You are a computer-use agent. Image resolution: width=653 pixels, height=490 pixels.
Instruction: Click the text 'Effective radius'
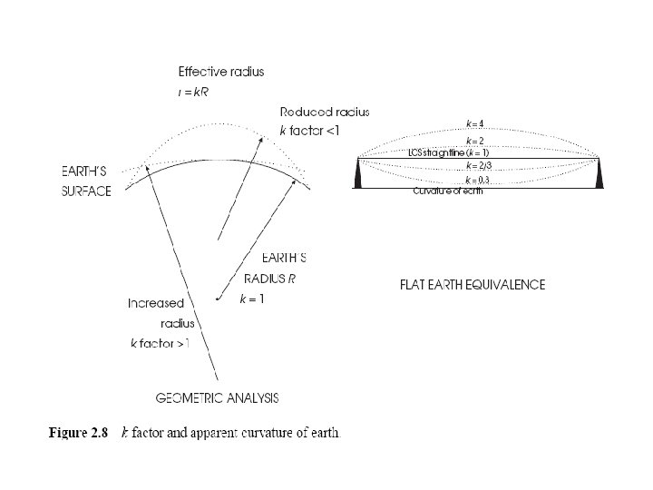click(221, 72)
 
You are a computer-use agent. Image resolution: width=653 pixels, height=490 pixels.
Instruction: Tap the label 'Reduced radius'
click(325, 112)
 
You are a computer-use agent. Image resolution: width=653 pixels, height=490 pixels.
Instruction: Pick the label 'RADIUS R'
click(270, 278)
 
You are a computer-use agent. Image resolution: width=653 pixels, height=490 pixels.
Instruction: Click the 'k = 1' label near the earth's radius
click(251, 300)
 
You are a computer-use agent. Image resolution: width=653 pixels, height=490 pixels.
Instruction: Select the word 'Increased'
click(156, 303)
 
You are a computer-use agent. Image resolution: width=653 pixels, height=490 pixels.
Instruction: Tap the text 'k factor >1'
click(161, 344)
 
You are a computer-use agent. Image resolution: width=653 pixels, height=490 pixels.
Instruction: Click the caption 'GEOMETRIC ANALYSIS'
click(218, 398)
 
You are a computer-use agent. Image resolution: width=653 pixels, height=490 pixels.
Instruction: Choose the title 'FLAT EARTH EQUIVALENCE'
click(473, 285)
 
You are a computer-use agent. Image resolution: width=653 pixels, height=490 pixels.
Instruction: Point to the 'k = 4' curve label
click(474, 123)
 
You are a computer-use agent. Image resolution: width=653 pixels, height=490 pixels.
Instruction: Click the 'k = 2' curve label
click(474, 142)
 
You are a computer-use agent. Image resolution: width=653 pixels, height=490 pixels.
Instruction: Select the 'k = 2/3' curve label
click(478, 167)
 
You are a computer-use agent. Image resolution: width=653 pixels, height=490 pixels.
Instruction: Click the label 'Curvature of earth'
click(448, 191)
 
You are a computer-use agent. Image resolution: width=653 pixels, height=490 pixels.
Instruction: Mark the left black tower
click(360, 173)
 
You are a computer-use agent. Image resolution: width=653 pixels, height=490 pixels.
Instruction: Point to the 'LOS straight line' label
click(440, 153)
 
